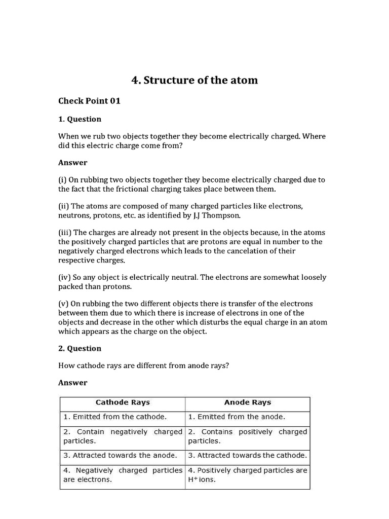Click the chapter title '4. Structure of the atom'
point(194,80)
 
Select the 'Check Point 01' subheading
point(89,101)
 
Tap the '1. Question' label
point(80,119)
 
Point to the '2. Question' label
point(80,348)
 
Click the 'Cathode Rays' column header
point(123,402)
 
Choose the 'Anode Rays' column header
point(247,402)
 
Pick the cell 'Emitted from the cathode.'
point(115,417)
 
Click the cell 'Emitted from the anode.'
point(237,417)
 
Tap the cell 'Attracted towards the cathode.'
point(247,455)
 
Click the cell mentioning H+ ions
point(247,475)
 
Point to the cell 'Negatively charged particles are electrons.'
point(123,475)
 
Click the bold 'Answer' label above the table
point(73,383)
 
